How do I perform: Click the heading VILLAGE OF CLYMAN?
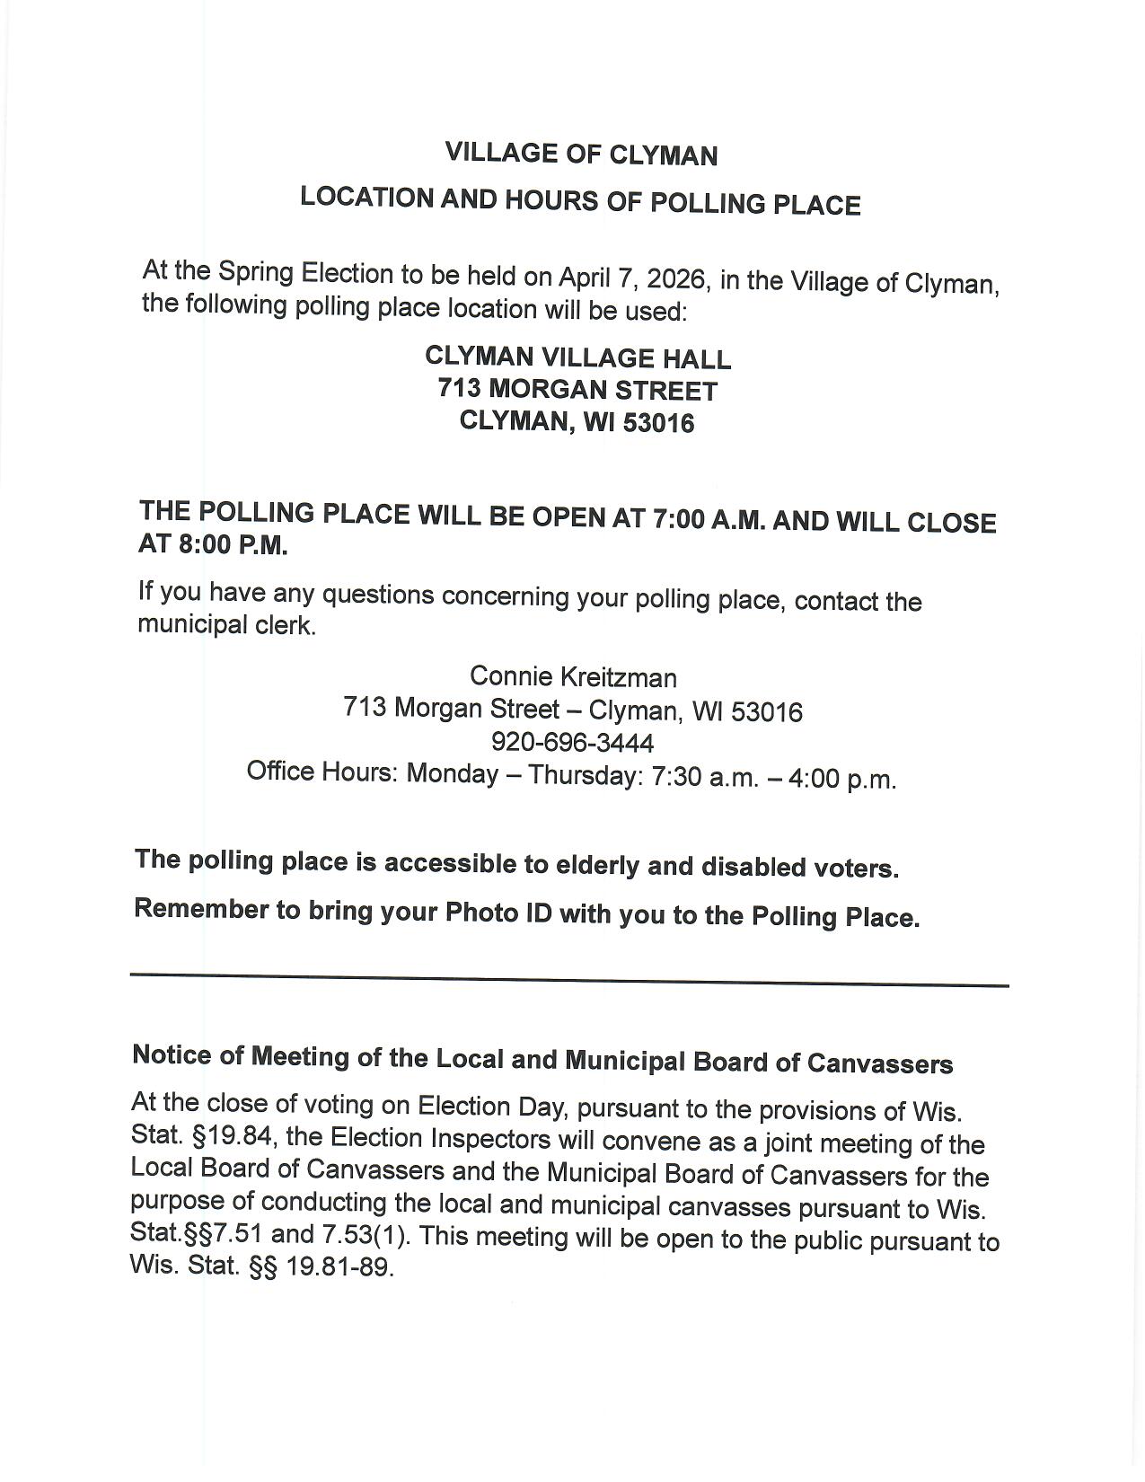581,154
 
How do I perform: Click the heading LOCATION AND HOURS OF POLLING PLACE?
580,201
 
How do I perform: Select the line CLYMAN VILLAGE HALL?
577,357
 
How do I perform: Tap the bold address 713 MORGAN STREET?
577,390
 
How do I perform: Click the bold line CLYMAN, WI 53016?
577,421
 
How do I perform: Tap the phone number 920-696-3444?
573,743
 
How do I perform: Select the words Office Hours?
321,772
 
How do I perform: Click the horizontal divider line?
569,980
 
